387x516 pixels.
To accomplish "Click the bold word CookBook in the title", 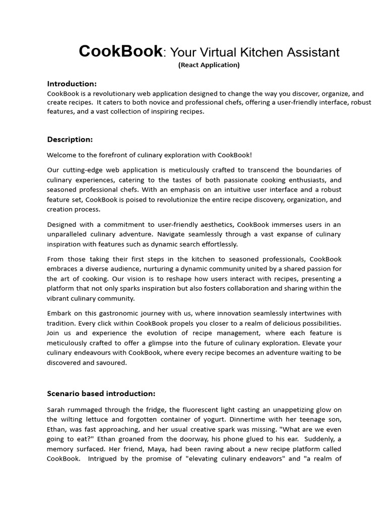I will pyautogui.click(x=121, y=51).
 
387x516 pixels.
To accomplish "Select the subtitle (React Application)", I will pyautogui.click(x=209, y=65).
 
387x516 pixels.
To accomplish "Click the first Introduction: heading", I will pyautogui.click(x=72, y=84).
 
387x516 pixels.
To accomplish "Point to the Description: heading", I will pyautogui.click(x=70, y=139).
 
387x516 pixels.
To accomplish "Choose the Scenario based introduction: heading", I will pyautogui.click(x=101, y=393).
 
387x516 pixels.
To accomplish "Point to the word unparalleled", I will pyautogui.click(x=69, y=234).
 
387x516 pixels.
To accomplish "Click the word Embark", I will pyautogui.click(x=59, y=314).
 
